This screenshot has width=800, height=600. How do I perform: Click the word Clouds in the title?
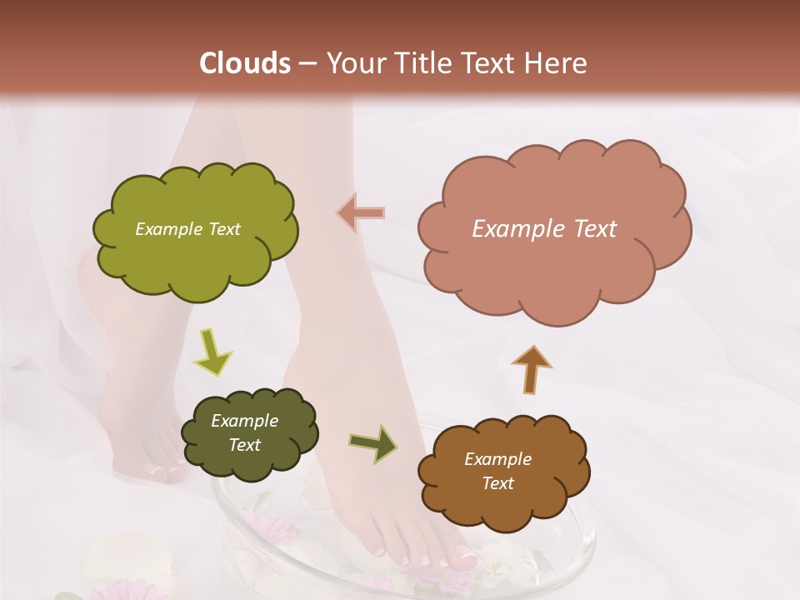pyautogui.click(x=245, y=63)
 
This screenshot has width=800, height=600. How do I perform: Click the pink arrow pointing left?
pyautogui.click(x=361, y=213)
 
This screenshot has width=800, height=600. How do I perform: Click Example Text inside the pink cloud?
pyautogui.click(x=544, y=229)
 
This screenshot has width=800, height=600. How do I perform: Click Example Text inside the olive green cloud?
pyautogui.click(x=187, y=229)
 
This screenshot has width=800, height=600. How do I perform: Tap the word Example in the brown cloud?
pyautogui.click(x=497, y=459)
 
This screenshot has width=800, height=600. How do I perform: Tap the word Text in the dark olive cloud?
pyautogui.click(x=244, y=445)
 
